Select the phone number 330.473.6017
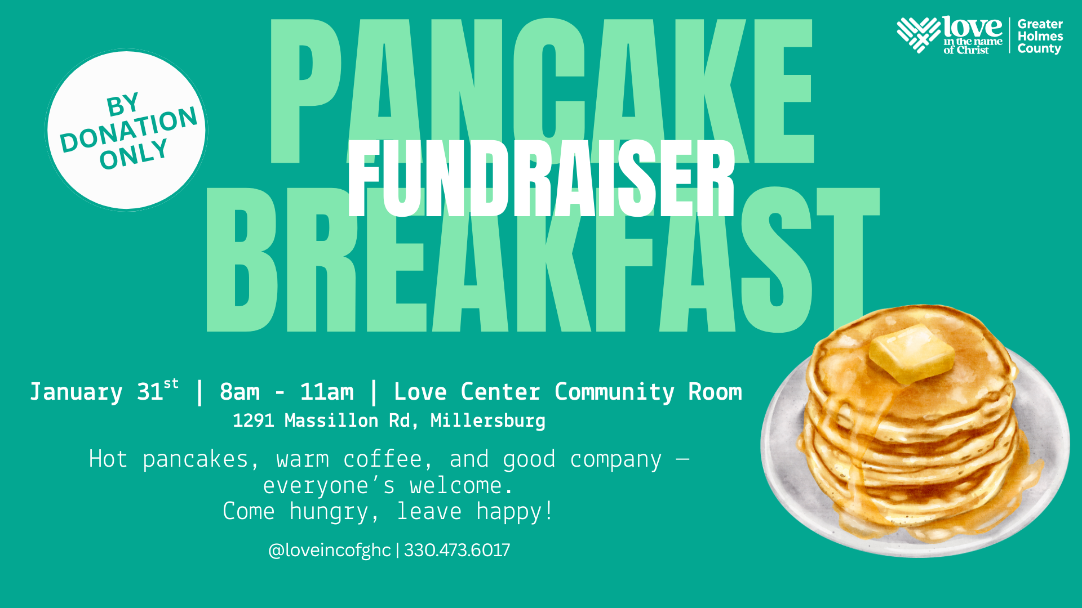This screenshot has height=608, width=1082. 457,550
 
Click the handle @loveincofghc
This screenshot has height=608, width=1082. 329,551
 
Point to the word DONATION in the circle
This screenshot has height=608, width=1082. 129,129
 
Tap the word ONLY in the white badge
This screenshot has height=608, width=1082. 134,154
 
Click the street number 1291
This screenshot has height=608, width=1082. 254,421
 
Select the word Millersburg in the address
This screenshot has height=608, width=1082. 488,421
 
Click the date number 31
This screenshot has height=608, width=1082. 150,392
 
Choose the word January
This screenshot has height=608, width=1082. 76,392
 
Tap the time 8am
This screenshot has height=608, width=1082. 240,392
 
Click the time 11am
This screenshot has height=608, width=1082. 327,392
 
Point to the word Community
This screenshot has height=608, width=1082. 614,392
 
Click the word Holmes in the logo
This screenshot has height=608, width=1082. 1040,36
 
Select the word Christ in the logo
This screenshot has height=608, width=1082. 973,50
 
